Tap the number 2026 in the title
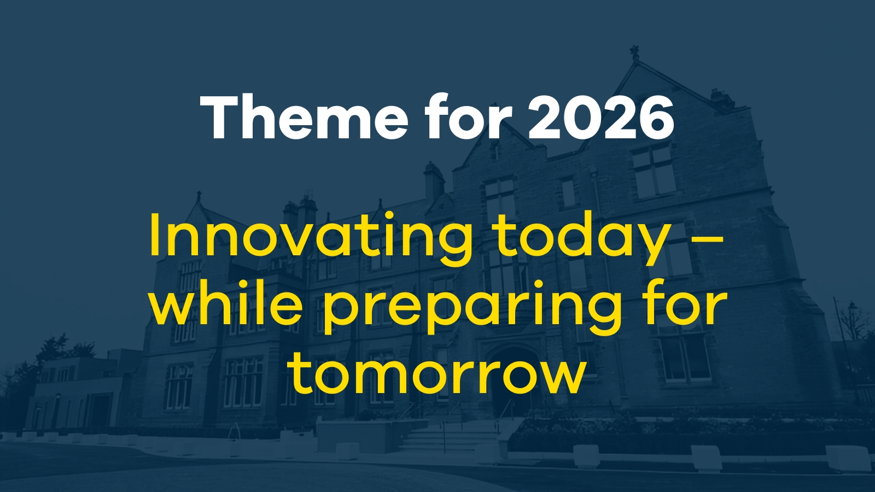pos(601,118)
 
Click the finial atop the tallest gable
pos(634,52)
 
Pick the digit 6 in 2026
pos(657,118)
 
